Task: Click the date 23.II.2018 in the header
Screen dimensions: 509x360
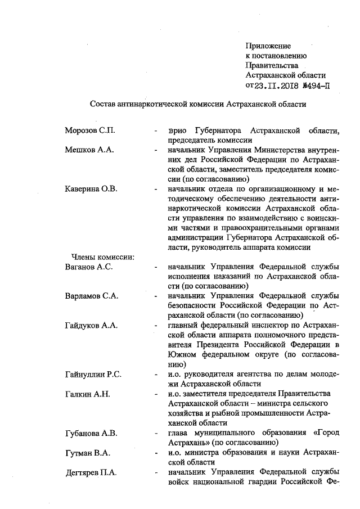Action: coord(278,86)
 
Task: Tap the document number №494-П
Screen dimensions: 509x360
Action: coord(316,86)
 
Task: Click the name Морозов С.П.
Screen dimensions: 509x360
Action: coord(90,130)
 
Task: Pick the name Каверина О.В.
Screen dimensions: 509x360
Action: coord(91,188)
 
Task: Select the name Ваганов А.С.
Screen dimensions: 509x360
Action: coord(89,267)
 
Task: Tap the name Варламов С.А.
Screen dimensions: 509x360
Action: coord(92,296)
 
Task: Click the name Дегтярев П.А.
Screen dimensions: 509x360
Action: coord(91,472)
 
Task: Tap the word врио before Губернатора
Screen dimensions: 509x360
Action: coord(177,130)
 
